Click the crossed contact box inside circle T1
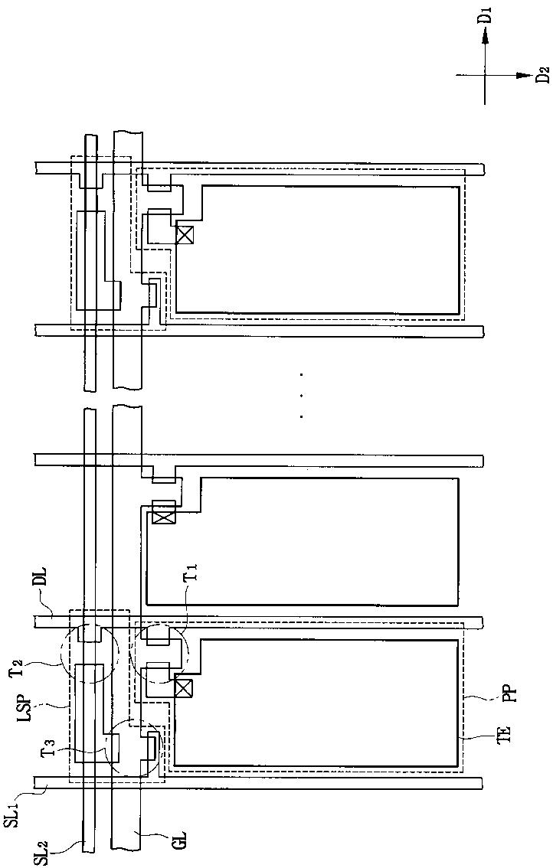click(x=183, y=687)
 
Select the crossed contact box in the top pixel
click(x=184, y=235)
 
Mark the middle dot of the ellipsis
click(x=302, y=396)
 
